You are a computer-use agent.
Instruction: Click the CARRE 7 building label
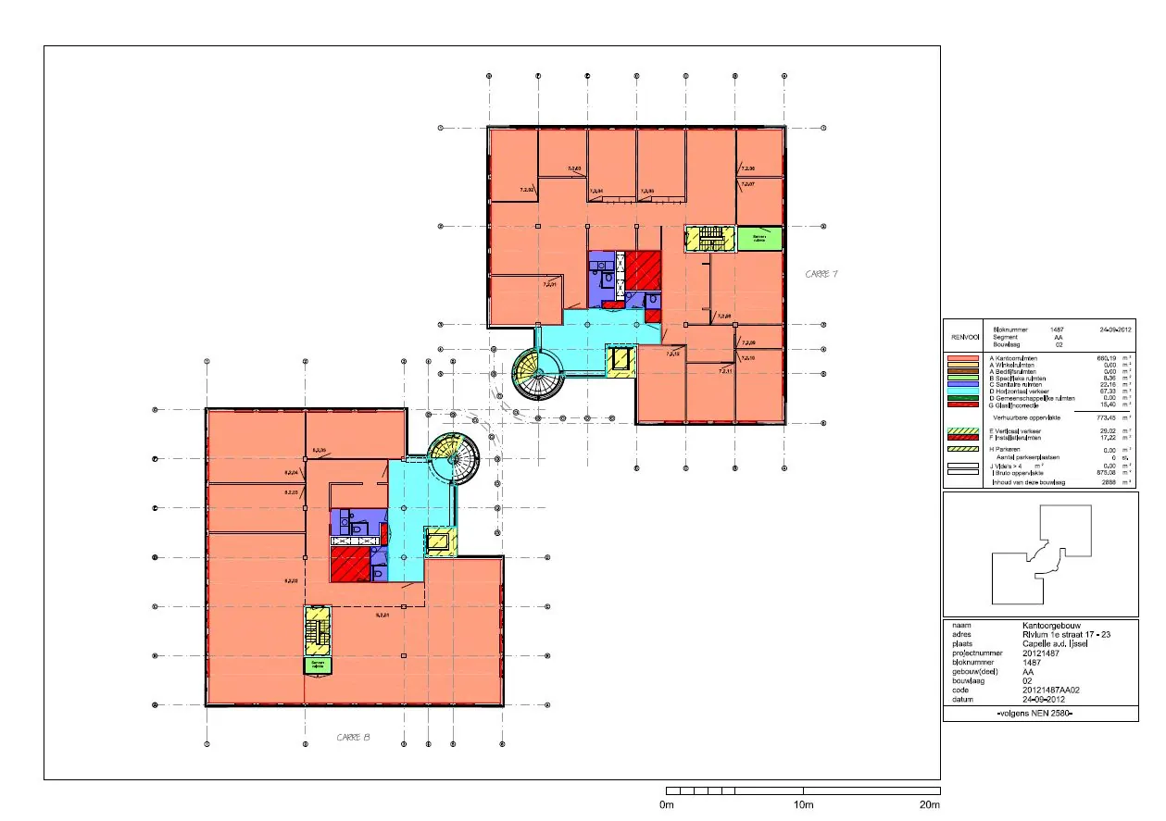click(x=821, y=274)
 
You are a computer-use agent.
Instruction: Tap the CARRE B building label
click(x=353, y=737)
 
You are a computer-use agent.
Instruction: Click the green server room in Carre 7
click(x=759, y=238)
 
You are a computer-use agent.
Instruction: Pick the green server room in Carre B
click(x=319, y=664)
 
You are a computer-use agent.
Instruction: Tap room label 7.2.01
click(x=550, y=285)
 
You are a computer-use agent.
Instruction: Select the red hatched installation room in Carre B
click(x=349, y=563)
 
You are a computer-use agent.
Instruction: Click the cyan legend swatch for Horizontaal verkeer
click(x=964, y=392)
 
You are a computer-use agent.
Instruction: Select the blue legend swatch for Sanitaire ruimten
click(x=964, y=384)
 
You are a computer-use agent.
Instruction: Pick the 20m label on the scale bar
click(x=930, y=806)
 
